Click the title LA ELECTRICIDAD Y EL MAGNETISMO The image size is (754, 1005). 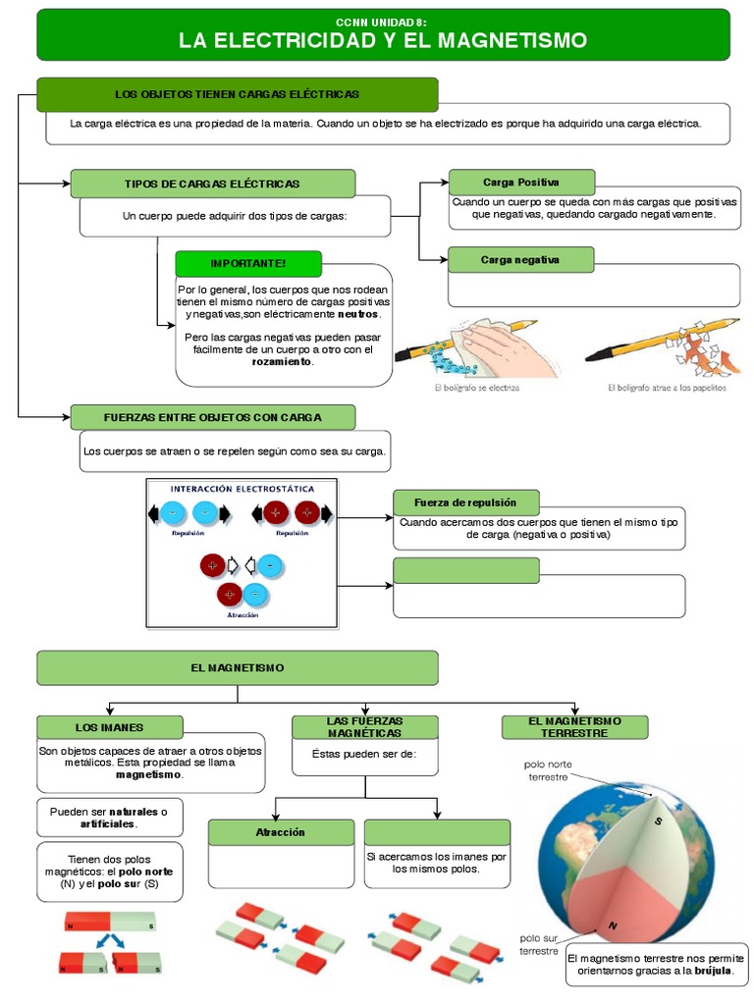[383, 40]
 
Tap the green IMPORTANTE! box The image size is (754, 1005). [248, 263]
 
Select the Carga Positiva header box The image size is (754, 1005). [521, 183]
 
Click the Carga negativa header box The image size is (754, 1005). [521, 260]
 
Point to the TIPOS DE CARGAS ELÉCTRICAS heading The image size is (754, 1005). [212, 184]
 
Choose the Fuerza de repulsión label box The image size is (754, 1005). [466, 502]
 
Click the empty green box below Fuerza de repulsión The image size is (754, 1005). [466, 570]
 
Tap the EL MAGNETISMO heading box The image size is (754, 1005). [238, 667]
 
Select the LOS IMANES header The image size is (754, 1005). [110, 727]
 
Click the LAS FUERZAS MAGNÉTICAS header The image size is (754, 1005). [364, 727]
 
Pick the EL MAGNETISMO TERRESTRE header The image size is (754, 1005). [575, 727]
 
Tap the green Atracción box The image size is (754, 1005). [281, 832]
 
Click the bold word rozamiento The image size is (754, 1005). [282, 362]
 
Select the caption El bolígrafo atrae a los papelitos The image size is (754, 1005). [667, 388]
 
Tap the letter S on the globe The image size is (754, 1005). [659, 821]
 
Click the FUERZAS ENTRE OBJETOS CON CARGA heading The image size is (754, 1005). [212, 417]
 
